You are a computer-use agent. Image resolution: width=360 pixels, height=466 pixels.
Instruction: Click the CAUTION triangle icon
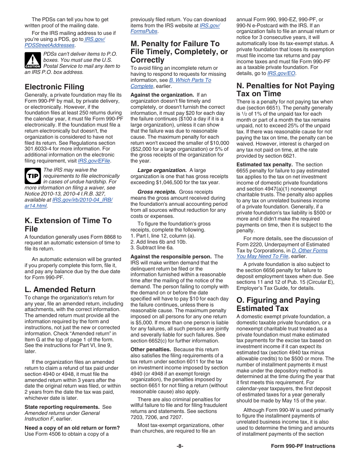[33, 60]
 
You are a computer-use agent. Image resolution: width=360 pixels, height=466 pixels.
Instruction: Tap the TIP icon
[33, 176]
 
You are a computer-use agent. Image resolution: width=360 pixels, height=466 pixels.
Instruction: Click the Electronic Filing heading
[54, 87]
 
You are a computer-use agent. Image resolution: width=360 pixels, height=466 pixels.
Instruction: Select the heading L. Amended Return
[60, 289]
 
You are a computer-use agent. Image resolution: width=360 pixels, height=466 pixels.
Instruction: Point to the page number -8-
[180, 446]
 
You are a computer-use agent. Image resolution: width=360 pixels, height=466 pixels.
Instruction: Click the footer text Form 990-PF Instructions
[303, 446]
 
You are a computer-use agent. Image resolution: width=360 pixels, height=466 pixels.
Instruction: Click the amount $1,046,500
[167, 182]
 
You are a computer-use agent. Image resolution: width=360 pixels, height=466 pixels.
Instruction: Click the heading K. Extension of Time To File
[68, 225]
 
